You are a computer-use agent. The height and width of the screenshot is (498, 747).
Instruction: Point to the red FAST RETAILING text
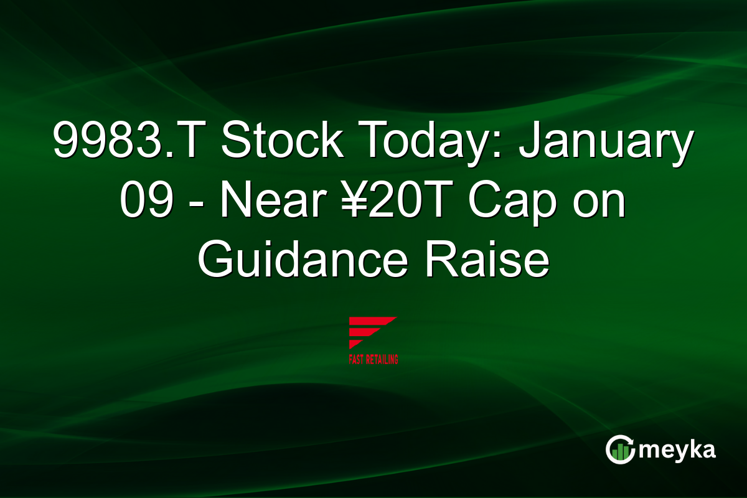click(373, 359)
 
